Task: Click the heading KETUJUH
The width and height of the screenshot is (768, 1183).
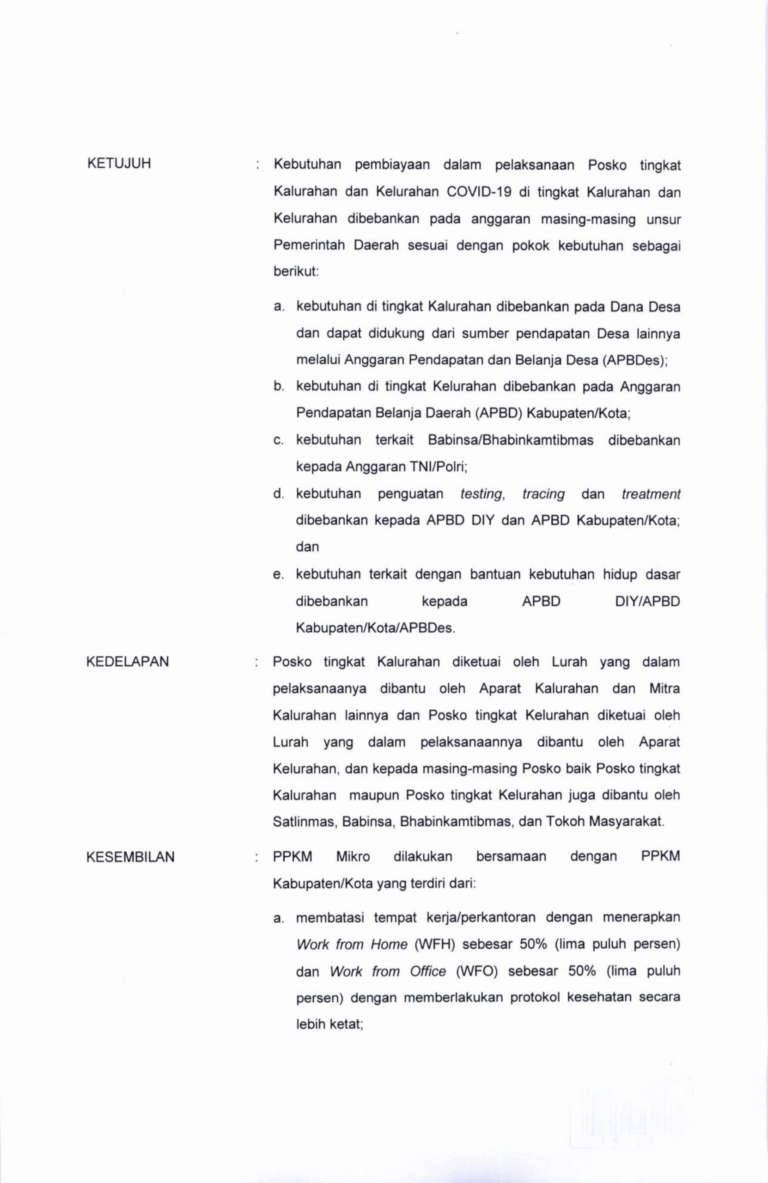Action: (119, 164)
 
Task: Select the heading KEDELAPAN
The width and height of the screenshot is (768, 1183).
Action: (127, 662)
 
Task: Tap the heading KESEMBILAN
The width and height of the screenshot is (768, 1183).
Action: (130, 857)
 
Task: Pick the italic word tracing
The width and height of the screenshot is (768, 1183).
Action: (543, 494)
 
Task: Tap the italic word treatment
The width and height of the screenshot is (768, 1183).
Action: (651, 494)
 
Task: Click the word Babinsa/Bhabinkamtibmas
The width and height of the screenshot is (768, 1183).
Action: (510, 440)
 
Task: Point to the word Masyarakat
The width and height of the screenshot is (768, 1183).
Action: (626, 821)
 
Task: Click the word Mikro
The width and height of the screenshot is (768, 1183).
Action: (353, 857)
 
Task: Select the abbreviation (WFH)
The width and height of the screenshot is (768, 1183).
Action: (434, 944)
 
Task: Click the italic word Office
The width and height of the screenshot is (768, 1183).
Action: (428, 971)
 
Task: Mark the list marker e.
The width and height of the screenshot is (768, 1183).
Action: (278, 574)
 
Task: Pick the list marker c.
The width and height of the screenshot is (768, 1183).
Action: (278, 440)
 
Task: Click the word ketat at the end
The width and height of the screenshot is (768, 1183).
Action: (347, 1024)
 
